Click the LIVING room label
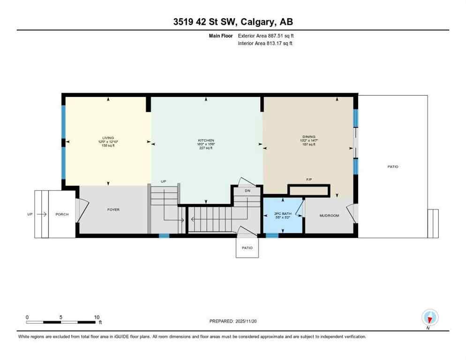point(108,138)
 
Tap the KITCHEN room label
point(206,140)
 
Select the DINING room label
point(308,137)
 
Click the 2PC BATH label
point(283,214)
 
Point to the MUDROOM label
point(329,216)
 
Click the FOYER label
point(113,210)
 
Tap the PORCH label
point(62,214)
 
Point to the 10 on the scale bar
point(97,317)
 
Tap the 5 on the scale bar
point(61,317)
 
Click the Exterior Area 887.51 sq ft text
point(266,36)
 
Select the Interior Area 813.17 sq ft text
point(265,44)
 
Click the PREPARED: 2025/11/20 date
point(233,321)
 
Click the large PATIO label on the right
point(392,166)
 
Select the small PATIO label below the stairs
point(247,248)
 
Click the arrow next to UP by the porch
point(41,214)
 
